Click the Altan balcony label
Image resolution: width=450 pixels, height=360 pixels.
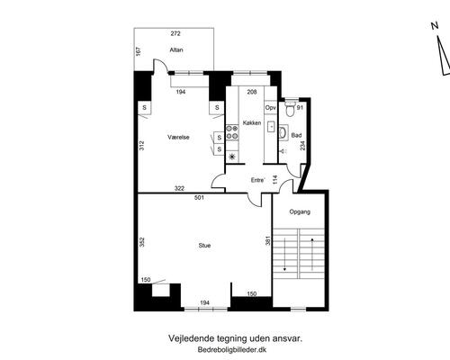coord(176,49)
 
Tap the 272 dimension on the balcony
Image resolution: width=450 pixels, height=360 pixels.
coord(175,33)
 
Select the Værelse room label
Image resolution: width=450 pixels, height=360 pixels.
coord(178,137)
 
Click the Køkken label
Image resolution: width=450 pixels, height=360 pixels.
coord(252,122)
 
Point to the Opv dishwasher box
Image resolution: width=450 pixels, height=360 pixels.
coord(270,108)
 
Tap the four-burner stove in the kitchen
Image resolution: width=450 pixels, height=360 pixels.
coord(232,132)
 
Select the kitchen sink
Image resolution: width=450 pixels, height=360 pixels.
coord(271,127)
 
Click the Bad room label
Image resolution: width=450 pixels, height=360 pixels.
coord(296,136)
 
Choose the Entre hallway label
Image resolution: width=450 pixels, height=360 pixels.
coord(257,180)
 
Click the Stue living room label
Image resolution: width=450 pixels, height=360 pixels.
coord(204,246)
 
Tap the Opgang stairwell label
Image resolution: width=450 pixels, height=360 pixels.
coord(300,211)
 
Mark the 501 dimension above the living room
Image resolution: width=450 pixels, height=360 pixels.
coord(199,198)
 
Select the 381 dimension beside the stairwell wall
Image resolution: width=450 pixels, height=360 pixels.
coord(268,240)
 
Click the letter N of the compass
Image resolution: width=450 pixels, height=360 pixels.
coord(435,26)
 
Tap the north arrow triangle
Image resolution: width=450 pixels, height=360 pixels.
coord(444,57)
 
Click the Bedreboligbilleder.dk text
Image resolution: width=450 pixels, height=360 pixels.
coord(232,349)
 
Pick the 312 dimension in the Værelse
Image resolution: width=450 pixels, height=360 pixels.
coord(142,146)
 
